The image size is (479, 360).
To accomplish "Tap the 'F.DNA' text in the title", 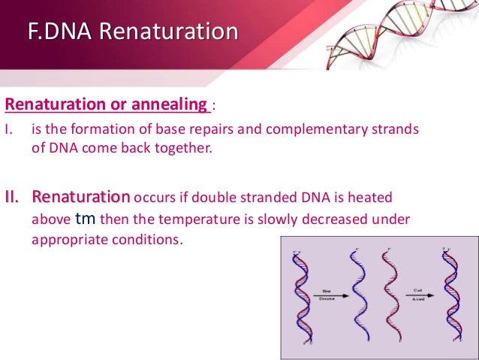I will (x=61, y=33).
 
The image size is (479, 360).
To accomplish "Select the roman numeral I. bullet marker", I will (x=10, y=129).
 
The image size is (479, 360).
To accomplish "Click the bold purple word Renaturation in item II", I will (x=81, y=197).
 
